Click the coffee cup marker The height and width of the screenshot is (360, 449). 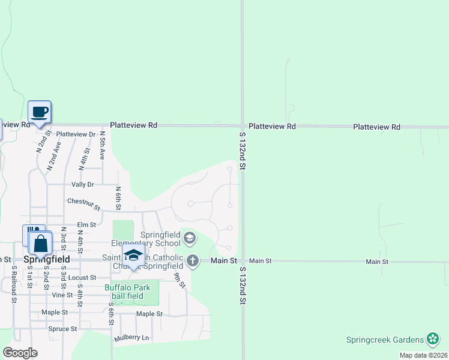pyautogui.click(x=40, y=112)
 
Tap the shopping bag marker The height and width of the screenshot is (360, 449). pyautogui.click(x=40, y=244)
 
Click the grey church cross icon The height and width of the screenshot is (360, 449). pyautogui.click(x=192, y=260)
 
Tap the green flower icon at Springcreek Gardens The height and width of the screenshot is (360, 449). pyautogui.click(x=432, y=340)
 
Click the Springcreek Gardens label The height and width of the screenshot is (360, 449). pyautogui.click(x=384, y=340)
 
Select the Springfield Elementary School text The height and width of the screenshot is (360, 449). pyautogui.click(x=161, y=239)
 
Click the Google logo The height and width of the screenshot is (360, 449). pyautogui.click(x=20, y=353)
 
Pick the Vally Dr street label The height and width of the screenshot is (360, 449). pyautogui.click(x=83, y=185)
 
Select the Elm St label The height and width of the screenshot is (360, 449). pyautogui.click(x=86, y=225)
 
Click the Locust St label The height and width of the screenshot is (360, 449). pyautogui.click(x=82, y=278)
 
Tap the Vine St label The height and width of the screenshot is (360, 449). pyautogui.click(x=62, y=295)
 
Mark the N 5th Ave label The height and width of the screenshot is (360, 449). pyautogui.click(x=102, y=146)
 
